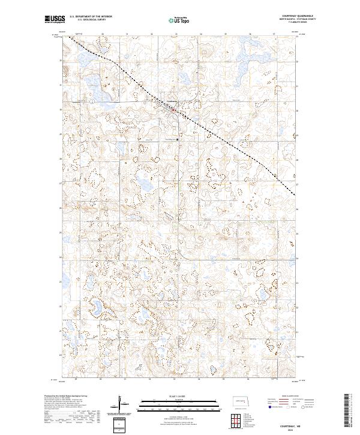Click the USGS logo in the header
pos(55,19)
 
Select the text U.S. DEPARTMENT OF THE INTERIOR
pos(91,17)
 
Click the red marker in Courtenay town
pos(174,110)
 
